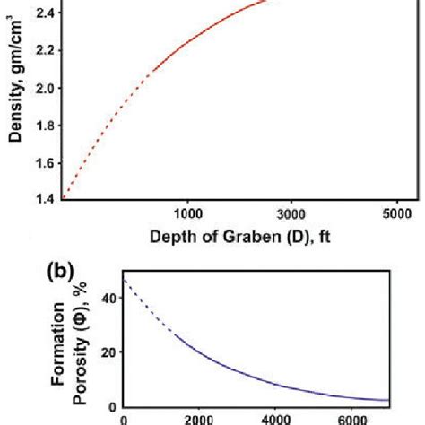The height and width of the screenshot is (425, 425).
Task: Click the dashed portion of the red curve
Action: tap(99, 126)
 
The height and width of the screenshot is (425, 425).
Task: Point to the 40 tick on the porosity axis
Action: tap(108, 297)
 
